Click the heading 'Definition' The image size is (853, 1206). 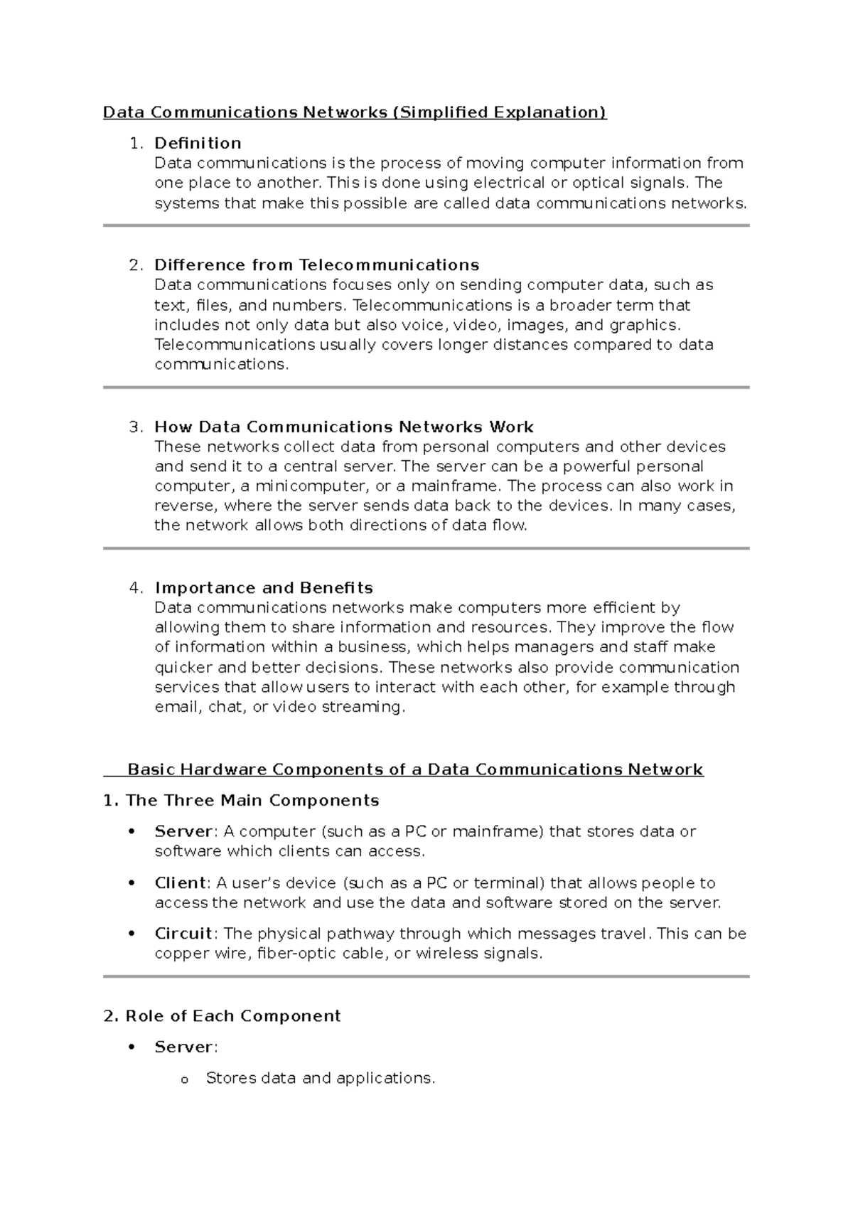pyautogui.click(x=198, y=143)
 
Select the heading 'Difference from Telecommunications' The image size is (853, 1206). pyautogui.click(x=316, y=265)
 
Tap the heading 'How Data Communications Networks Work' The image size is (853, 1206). pyautogui.click(x=344, y=427)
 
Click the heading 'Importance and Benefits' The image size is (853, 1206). pyautogui.click(x=264, y=588)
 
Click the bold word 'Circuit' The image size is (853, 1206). pyautogui.click(x=183, y=934)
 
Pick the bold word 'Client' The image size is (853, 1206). pyautogui.click(x=181, y=883)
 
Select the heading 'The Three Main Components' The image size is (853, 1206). pyautogui.click(x=252, y=801)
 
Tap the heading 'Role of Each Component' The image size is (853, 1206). pyautogui.click(x=232, y=1016)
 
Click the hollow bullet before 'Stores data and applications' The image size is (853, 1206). pyautogui.click(x=183, y=1080)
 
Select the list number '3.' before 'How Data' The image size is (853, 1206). pyautogui.click(x=136, y=427)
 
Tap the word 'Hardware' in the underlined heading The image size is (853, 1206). pyautogui.click(x=223, y=769)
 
